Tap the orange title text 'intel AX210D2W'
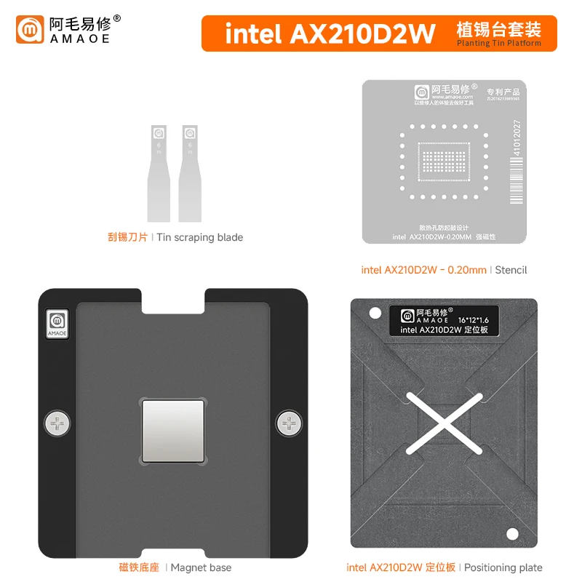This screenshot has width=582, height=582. pyautogui.click(x=330, y=33)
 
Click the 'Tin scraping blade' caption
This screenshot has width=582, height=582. pyautogui.click(x=200, y=237)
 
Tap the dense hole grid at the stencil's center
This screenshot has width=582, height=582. pyautogui.click(x=444, y=161)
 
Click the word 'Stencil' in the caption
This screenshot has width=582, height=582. pyautogui.click(x=511, y=270)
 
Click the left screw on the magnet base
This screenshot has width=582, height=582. pyautogui.click(x=58, y=423)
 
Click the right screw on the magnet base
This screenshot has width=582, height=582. pyautogui.click(x=289, y=423)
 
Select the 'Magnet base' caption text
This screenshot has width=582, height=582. pyautogui.click(x=201, y=567)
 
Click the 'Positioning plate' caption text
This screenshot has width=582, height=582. pyautogui.click(x=503, y=567)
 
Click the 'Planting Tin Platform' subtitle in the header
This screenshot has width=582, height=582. pyautogui.click(x=499, y=44)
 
